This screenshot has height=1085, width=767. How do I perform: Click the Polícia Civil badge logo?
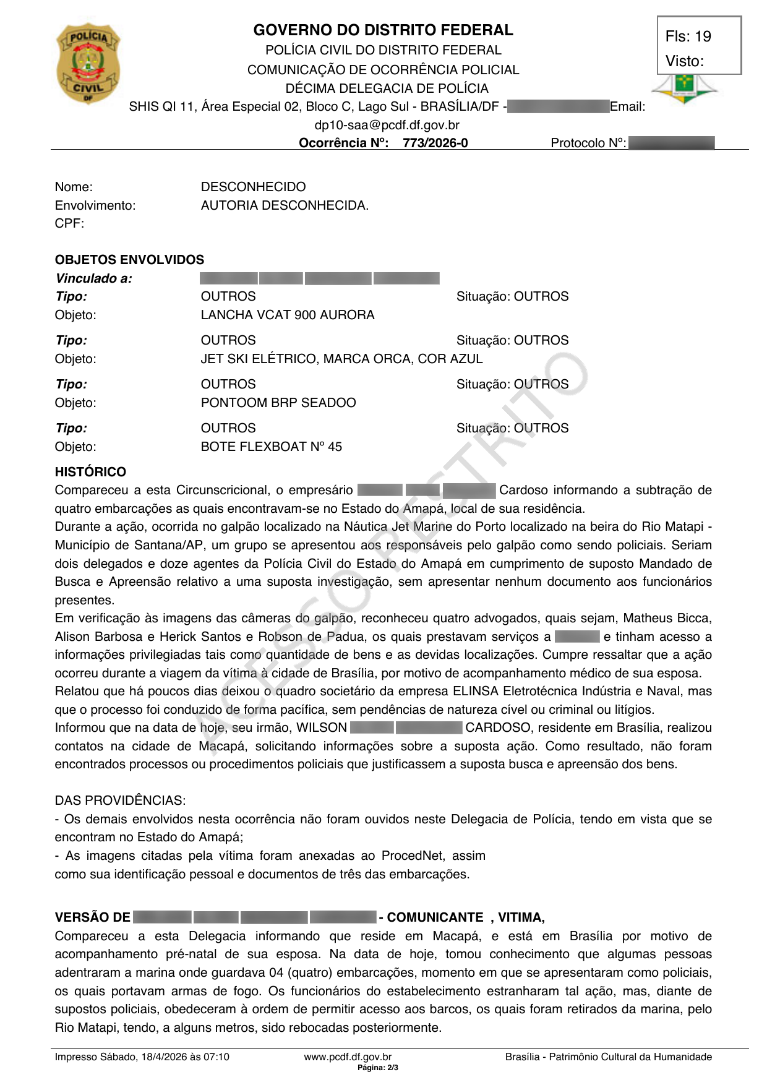(x=88, y=63)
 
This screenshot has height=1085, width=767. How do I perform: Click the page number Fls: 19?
(x=688, y=36)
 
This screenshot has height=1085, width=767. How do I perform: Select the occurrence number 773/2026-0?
(x=435, y=143)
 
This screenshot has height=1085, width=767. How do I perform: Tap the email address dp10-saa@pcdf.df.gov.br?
(x=387, y=125)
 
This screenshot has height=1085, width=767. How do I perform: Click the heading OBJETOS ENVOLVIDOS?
(x=129, y=260)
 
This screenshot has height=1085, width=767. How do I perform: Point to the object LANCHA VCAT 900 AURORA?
(x=288, y=315)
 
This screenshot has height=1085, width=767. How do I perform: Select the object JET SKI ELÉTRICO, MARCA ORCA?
(x=341, y=359)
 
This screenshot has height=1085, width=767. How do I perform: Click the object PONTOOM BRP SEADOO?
(x=278, y=403)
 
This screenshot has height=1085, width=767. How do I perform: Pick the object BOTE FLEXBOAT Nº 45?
(x=271, y=447)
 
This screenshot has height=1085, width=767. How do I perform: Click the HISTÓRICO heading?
(x=90, y=472)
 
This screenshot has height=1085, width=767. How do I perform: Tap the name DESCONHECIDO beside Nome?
(x=253, y=187)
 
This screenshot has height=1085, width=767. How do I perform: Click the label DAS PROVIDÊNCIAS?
(x=120, y=800)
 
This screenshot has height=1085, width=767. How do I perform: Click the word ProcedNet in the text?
(x=412, y=856)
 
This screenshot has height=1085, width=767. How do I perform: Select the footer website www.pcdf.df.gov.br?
(x=348, y=1057)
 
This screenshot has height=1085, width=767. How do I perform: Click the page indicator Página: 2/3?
(x=378, y=1068)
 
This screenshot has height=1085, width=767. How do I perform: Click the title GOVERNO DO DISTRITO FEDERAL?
(x=383, y=30)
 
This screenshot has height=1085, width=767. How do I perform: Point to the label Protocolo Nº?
(x=588, y=144)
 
